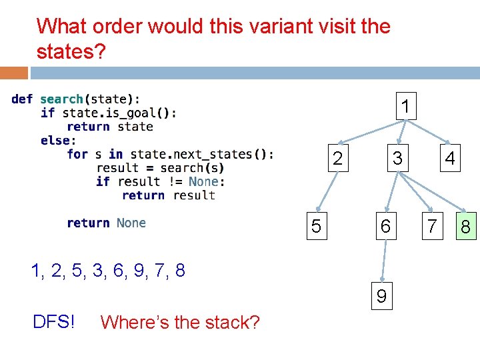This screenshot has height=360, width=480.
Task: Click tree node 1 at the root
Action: pos(405,107)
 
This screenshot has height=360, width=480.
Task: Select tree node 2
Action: pos(337,159)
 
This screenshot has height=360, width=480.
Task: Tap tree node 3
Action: pos(397,159)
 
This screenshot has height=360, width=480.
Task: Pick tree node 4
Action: pos(450,159)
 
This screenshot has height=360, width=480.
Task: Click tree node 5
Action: pos(316,227)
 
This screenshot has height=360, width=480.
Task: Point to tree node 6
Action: pos(385,227)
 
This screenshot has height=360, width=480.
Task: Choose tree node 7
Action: pos(432,227)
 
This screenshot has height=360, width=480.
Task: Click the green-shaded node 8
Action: pos(465,227)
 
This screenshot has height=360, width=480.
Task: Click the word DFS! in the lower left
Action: pos(54,322)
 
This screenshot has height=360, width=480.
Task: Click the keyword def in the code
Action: pos(22,99)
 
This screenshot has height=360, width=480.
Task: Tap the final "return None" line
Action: pos(106,223)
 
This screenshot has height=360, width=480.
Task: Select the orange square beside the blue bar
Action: pos(14,72)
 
